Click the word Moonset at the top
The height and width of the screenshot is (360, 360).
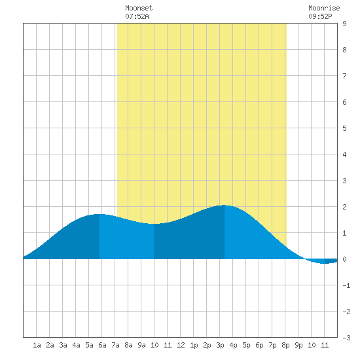[139, 8]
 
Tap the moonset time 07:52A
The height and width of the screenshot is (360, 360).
[137, 16]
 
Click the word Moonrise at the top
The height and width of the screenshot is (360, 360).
[324, 8]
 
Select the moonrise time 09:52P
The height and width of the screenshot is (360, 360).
[320, 16]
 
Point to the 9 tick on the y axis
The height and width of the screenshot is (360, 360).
[344, 24]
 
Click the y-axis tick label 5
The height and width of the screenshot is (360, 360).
[344, 128]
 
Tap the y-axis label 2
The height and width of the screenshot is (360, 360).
[344, 207]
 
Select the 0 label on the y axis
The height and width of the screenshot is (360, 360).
[344, 259]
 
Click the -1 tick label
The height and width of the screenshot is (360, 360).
[346, 285]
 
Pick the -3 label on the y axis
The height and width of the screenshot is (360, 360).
[346, 338]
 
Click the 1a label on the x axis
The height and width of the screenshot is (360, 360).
[37, 345]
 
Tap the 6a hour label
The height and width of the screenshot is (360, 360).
[102, 345]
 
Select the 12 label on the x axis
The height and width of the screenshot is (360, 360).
[181, 345]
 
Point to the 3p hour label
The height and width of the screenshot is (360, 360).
[220, 345]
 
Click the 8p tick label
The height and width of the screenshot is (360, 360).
[285, 345]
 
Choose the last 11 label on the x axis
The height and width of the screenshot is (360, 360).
[325, 345]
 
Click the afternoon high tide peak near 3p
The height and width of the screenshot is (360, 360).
[224, 206]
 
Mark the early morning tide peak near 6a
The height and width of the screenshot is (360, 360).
[99, 214]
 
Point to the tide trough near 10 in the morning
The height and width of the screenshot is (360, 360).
[153, 224]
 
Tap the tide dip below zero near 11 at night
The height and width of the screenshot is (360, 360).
[325, 263]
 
